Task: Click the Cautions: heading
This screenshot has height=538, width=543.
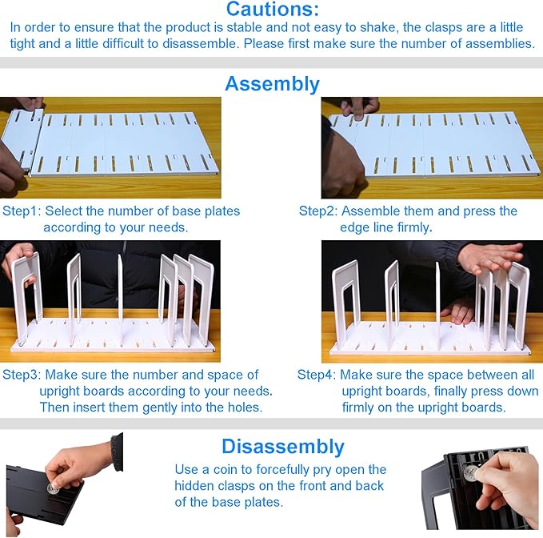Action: tap(272, 10)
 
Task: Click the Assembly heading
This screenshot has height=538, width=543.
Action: tap(272, 83)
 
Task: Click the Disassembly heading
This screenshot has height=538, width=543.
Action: tap(282, 446)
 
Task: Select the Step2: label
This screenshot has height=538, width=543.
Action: tap(318, 211)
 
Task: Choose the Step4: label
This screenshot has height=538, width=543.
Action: tap(317, 375)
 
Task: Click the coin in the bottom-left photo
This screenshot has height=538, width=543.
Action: tap(54, 487)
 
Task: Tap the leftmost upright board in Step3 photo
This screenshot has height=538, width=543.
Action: tap(26, 292)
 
